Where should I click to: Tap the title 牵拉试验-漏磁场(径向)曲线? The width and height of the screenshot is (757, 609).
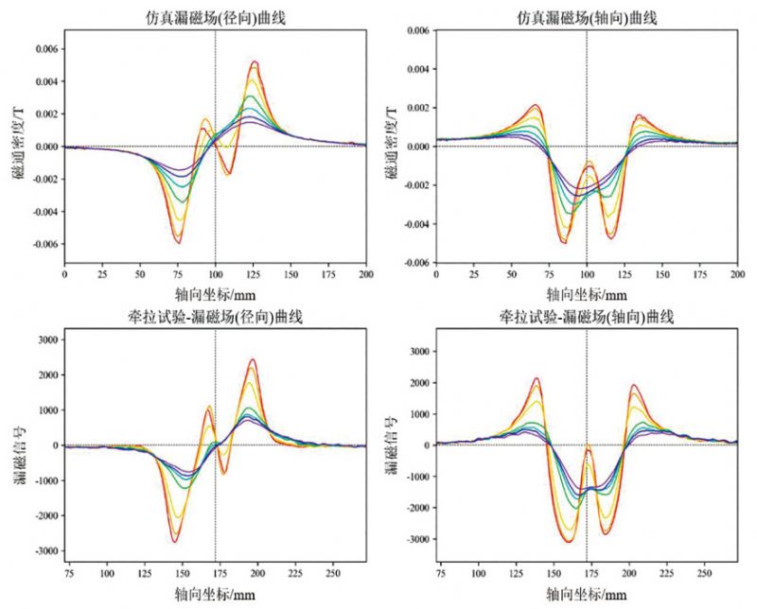click(x=216, y=315)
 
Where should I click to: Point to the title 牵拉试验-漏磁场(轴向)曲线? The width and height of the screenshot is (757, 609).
click(x=588, y=315)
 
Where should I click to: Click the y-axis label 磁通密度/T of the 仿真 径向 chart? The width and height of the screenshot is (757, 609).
click(x=16, y=148)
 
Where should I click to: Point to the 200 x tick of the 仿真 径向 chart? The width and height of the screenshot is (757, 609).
click(x=366, y=274)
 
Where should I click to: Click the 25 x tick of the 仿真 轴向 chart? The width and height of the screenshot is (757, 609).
click(x=474, y=274)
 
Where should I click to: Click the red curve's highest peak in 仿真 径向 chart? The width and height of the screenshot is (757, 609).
click(x=255, y=62)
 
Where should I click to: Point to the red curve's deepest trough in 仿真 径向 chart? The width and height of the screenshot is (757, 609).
click(x=178, y=243)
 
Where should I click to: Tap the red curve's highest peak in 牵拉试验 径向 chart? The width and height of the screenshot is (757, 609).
click(x=253, y=359)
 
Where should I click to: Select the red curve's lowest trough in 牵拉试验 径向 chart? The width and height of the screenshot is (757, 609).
click(x=175, y=542)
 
